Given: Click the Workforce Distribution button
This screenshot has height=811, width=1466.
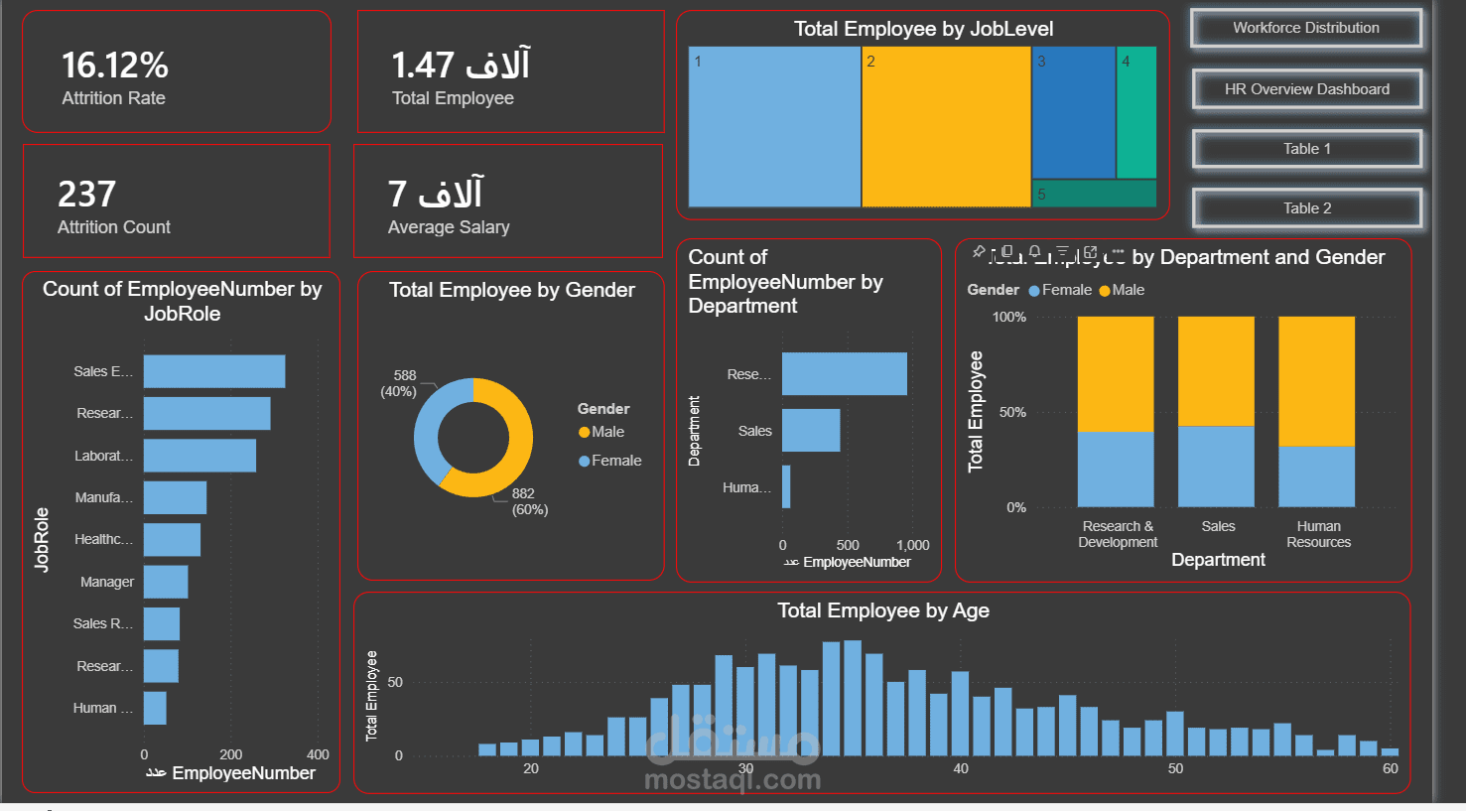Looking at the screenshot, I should (1305, 28).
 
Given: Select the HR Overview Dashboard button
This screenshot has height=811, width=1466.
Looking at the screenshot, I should (1306, 89).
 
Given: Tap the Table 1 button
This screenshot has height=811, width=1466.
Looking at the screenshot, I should (1306, 149).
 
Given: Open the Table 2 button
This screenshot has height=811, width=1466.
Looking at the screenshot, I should (1306, 208).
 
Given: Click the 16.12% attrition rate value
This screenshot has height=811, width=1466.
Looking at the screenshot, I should (115, 66).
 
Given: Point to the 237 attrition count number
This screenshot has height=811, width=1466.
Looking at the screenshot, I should (87, 194).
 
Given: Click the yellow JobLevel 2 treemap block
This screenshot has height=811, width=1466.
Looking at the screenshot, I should (946, 127).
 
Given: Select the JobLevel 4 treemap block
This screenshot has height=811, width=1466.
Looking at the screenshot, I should (1136, 112).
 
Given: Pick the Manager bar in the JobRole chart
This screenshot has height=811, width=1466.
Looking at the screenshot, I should (166, 582).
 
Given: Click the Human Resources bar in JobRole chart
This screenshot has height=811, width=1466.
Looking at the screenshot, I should (155, 708).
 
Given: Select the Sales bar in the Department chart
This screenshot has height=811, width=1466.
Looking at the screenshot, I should (811, 431).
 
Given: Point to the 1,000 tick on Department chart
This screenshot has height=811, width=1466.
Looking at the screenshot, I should (912, 545).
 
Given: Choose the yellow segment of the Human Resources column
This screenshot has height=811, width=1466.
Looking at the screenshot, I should (1316, 381).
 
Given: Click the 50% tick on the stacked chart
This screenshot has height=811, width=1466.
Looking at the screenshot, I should (1011, 412).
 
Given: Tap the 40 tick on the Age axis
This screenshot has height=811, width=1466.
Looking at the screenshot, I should (961, 768).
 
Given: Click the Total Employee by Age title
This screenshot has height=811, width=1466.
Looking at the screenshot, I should (882, 610).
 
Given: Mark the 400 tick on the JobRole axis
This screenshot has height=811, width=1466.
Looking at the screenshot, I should (318, 754).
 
